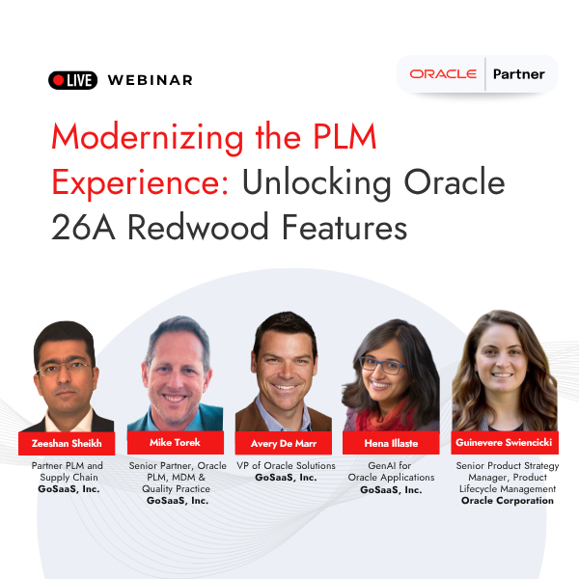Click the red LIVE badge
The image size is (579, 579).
[72, 80]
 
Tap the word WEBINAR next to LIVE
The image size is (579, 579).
[151, 80]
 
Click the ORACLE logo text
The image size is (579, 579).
[443, 74]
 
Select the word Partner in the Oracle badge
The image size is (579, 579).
[518, 74]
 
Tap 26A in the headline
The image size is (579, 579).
[81, 228]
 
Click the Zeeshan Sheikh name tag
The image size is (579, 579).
[67, 444]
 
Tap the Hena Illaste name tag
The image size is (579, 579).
[391, 444]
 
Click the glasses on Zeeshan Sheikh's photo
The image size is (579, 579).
[66, 368]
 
